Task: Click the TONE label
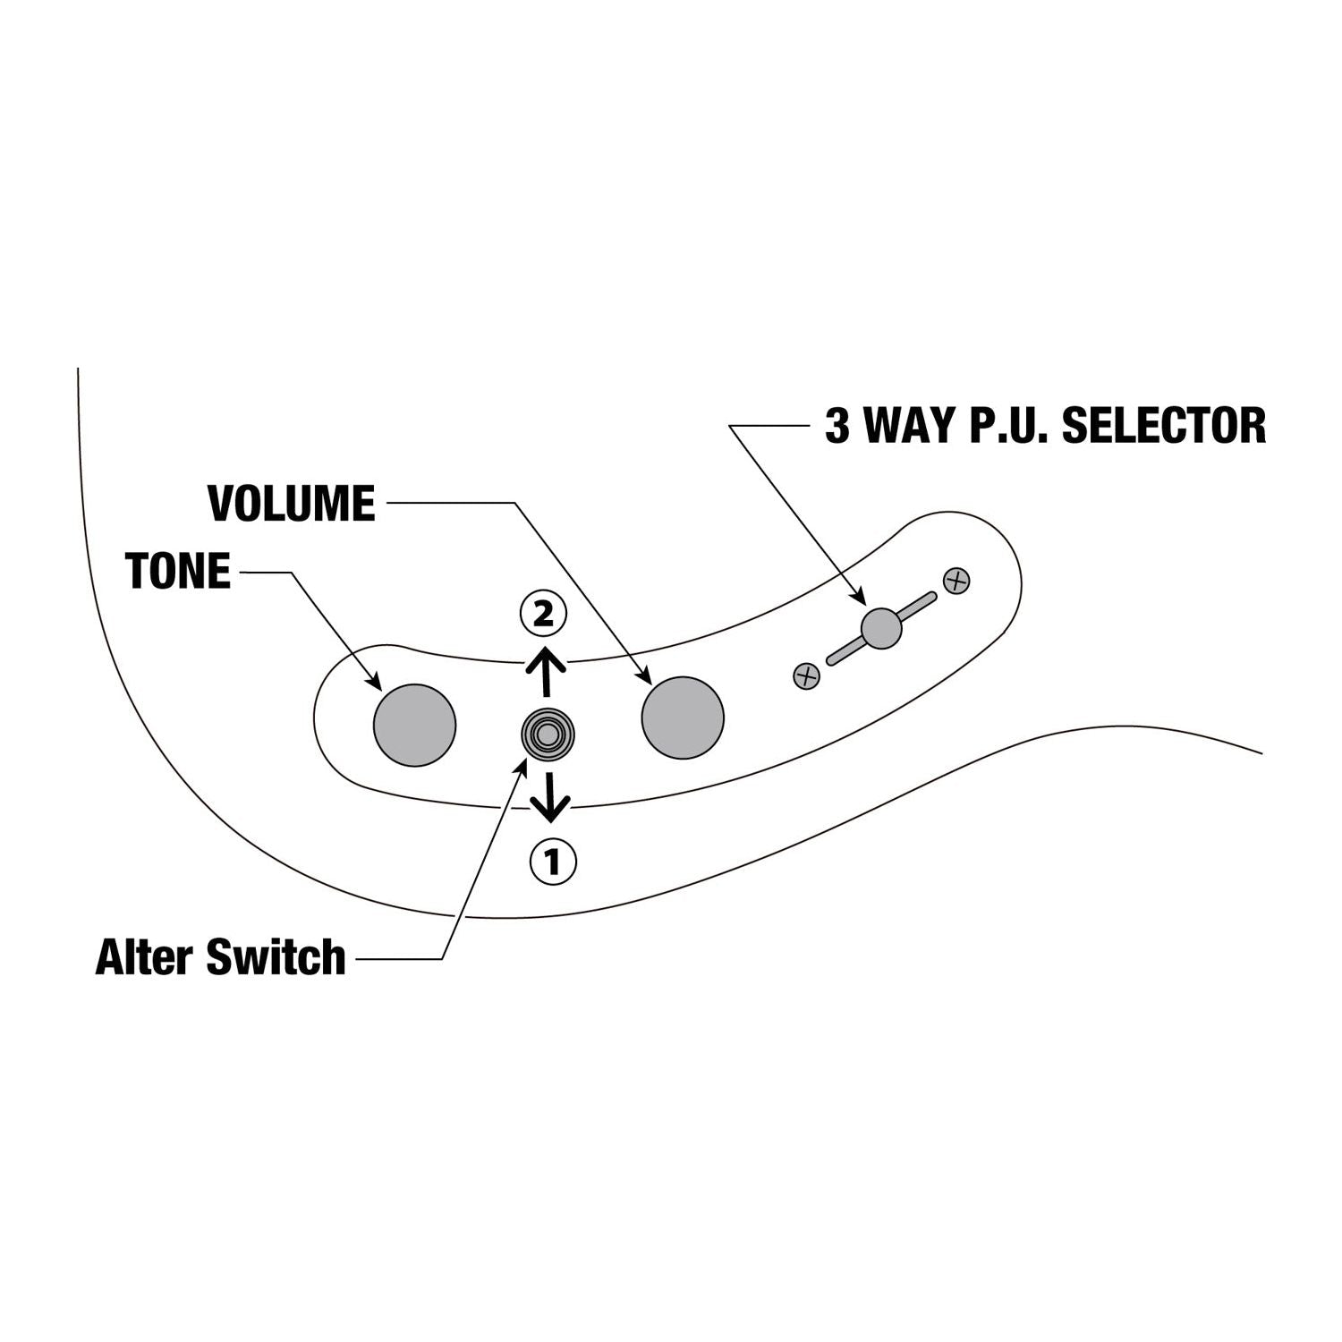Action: pyautogui.click(x=179, y=571)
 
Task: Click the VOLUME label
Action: pyautogui.click(x=292, y=503)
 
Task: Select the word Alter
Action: pyautogui.click(x=145, y=957)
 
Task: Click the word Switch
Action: pyautogui.click(x=276, y=957)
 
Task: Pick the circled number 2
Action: pyautogui.click(x=543, y=614)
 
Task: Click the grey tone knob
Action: pyautogui.click(x=414, y=725)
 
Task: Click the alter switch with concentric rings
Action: pyautogui.click(x=548, y=735)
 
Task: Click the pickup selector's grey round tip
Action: pyautogui.click(x=881, y=628)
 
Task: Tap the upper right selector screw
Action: pyautogui.click(x=956, y=581)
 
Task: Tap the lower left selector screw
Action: pyautogui.click(x=806, y=676)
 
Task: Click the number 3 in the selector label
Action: pyautogui.click(x=837, y=426)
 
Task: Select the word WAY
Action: pyautogui.click(x=909, y=426)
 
